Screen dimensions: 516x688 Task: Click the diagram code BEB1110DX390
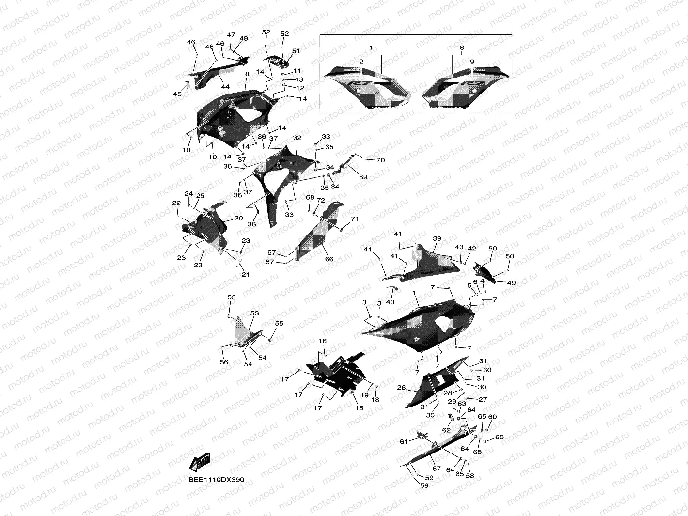pos(217,480)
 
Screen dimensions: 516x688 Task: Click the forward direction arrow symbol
pos(200,462)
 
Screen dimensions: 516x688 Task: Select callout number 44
pos(225,86)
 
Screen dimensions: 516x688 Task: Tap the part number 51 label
pos(296,51)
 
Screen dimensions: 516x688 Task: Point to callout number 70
pos(380,160)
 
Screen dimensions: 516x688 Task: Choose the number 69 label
pos(363,177)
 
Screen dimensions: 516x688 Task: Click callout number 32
pos(297,138)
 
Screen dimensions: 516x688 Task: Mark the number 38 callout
pos(252,224)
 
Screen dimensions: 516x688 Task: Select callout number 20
pos(238,219)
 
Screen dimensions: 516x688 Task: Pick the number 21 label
pos(246,275)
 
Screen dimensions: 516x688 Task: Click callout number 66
pos(329,259)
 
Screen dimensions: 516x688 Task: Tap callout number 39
pos(437,239)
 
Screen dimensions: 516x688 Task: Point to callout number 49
pos(511,283)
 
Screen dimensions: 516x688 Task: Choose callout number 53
pos(254,314)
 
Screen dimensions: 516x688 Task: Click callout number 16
pos(323,341)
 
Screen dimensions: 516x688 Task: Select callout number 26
pos(401,388)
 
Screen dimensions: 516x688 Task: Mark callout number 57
pos(437,469)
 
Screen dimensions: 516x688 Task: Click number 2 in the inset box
pos(361,62)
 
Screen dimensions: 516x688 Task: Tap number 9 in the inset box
pos(472,62)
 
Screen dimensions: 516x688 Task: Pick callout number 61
pos(404,441)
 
